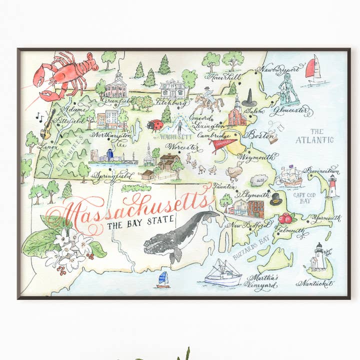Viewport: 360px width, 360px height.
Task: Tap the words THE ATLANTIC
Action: [313, 135]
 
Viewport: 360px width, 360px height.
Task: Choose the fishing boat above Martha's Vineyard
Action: [223, 273]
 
